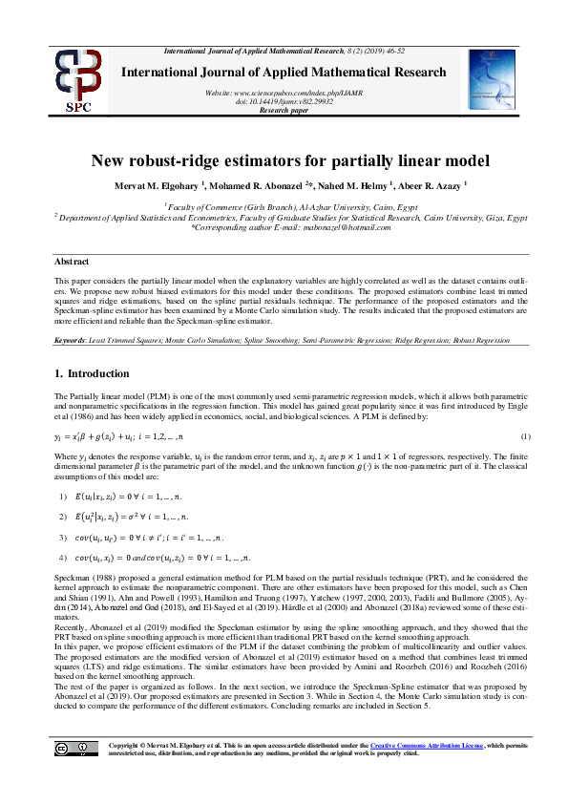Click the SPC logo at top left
tap(80, 79)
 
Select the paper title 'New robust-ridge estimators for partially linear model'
tap(284, 161)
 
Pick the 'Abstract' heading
tap(71, 260)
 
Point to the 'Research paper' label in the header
tap(284, 111)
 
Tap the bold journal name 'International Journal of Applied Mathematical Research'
tap(284, 73)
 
